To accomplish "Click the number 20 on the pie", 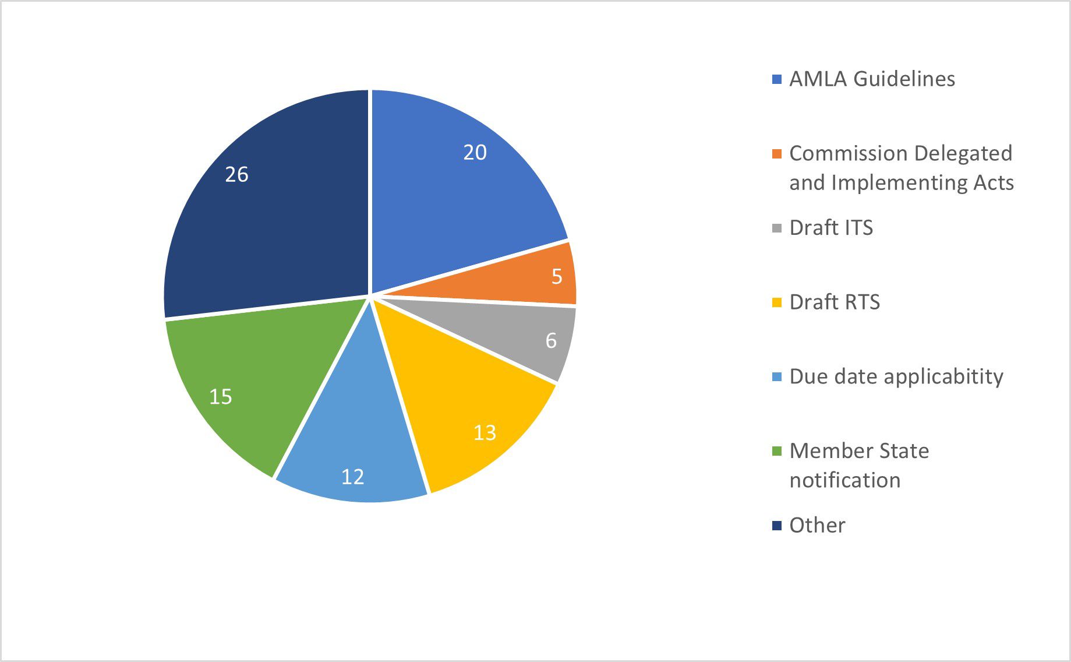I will coord(475,153).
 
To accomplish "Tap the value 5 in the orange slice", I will coord(557,277).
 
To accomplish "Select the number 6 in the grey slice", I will coord(551,341).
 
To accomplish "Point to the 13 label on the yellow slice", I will coord(485,433).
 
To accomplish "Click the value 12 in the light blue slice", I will coord(352,477).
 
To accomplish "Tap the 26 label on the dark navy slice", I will coord(236,175).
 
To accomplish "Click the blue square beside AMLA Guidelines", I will coord(776,80).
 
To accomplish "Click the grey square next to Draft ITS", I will coord(776,228).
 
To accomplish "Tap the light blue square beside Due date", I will coord(776,377).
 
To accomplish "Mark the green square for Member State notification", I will coord(776,452).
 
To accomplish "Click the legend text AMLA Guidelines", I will coord(872,79).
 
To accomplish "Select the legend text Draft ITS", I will coord(831,228).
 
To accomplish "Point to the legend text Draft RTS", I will coord(835,302).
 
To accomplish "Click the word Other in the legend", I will coord(817,526).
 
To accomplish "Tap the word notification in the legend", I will coord(845,481).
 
